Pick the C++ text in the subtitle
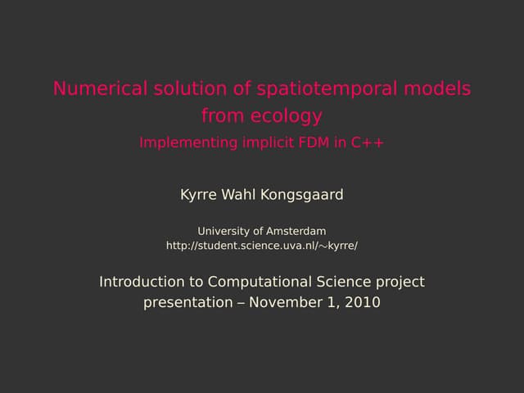(368, 142)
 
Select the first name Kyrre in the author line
(198, 195)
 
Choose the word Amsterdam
(296, 231)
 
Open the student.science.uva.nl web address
(262, 246)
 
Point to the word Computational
(260, 282)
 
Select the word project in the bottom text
(400, 282)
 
